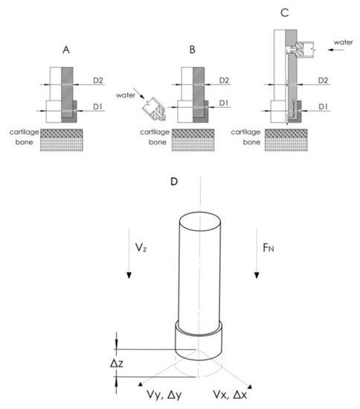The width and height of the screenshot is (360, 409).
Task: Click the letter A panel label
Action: coord(66,50)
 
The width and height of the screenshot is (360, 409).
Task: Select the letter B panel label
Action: coord(192,50)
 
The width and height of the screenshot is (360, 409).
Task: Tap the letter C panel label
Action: coord(285,13)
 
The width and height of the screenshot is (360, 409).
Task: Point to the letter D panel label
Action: coord(174,181)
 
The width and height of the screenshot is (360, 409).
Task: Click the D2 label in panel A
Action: coord(98,80)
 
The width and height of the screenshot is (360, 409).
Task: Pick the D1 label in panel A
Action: coord(97,106)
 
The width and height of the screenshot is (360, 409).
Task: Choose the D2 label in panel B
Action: coord(224,80)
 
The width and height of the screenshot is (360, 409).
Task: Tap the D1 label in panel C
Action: coord(323,106)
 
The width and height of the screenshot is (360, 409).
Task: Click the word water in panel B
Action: coord(126,95)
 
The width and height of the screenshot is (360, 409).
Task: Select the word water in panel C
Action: coord(344,42)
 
